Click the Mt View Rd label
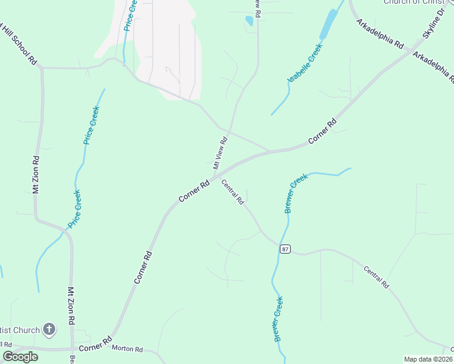[220, 152]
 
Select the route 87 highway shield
[285, 249]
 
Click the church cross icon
[49, 330]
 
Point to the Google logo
[20, 356]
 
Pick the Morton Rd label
[127, 349]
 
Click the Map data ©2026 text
[428, 359]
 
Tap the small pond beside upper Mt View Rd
[249, 21]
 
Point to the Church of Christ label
[418, 2]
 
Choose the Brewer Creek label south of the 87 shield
[279, 318]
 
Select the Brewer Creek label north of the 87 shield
[296, 193]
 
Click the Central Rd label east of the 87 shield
[376, 276]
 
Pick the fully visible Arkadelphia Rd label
[381, 36]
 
